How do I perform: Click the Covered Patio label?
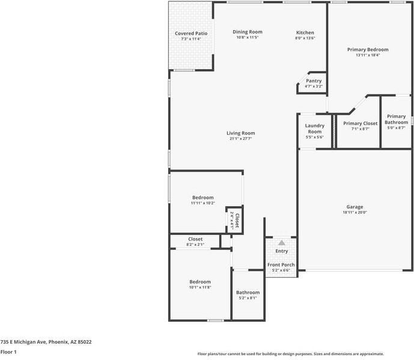click(192, 33)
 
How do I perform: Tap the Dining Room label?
click(248, 32)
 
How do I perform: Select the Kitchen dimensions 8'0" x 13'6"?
click(305, 38)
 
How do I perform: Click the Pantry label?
click(314, 81)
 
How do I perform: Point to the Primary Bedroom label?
click(368, 49)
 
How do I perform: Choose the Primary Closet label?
click(361, 123)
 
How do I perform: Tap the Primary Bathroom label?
click(396, 119)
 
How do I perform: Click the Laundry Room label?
click(314, 129)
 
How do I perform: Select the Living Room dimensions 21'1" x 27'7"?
click(240, 139)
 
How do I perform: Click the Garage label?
click(355, 207)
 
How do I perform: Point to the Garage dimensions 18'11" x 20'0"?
click(355, 212)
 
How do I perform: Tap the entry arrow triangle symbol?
click(281, 242)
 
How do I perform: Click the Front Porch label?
click(281, 265)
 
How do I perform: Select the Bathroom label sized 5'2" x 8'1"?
click(248, 292)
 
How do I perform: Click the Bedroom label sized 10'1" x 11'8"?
click(200, 282)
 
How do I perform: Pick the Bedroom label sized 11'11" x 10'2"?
click(202, 197)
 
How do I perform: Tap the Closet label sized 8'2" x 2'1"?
click(195, 239)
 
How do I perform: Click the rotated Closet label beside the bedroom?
click(237, 221)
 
